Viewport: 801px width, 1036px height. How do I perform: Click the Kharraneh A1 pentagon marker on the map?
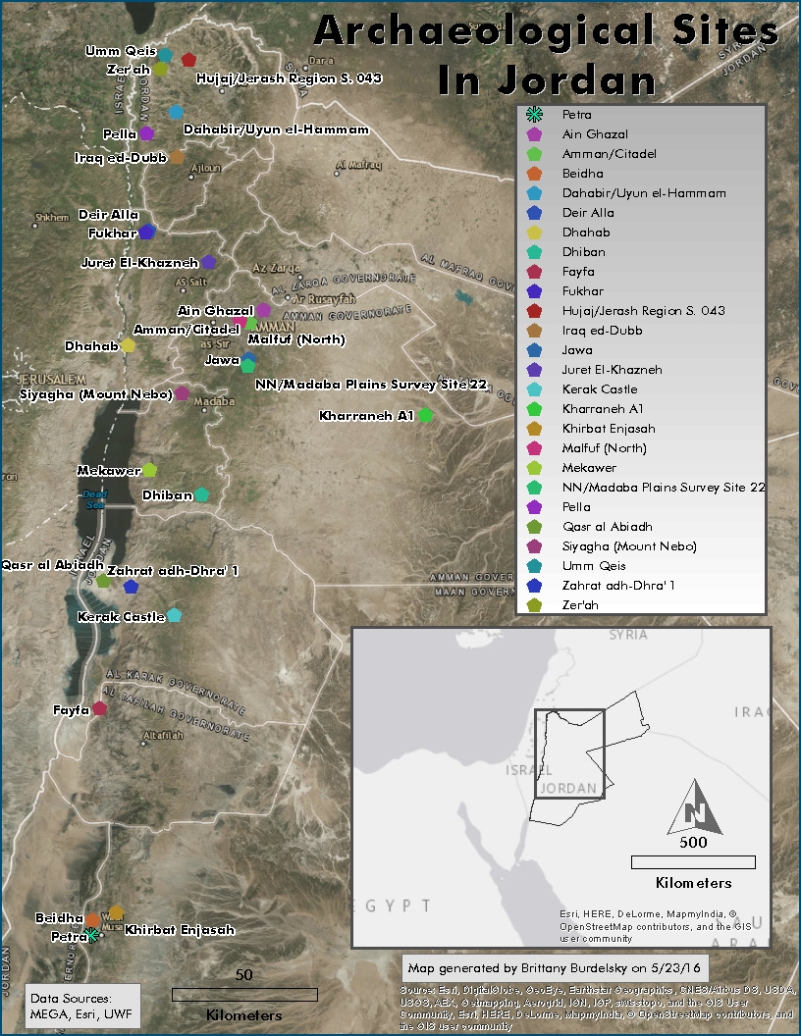click(425, 415)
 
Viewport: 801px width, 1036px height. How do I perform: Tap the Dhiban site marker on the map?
click(201, 494)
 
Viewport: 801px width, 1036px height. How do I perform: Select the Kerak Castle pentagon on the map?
click(174, 615)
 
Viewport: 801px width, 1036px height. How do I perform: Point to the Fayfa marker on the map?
click(99, 708)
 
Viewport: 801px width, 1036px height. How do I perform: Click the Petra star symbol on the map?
click(91, 935)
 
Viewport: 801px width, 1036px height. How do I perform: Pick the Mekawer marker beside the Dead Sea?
click(149, 470)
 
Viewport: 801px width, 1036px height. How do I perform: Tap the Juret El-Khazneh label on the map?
click(139, 263)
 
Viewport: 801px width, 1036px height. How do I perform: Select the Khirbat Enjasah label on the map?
click(180, 929)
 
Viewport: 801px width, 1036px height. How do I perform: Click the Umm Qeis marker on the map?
click(165, 55)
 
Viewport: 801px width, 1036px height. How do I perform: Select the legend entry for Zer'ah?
click(580, 605)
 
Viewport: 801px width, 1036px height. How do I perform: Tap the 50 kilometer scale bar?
click(244, 994)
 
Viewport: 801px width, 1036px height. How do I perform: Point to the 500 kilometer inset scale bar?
click(693, 862)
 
